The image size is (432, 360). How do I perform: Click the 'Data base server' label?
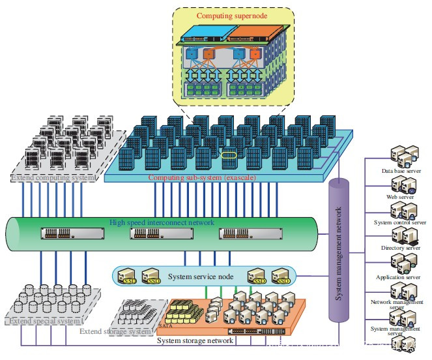click(403, 171)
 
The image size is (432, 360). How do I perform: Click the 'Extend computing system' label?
click(52, 177)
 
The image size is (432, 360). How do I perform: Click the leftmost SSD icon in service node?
click(126, 277)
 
